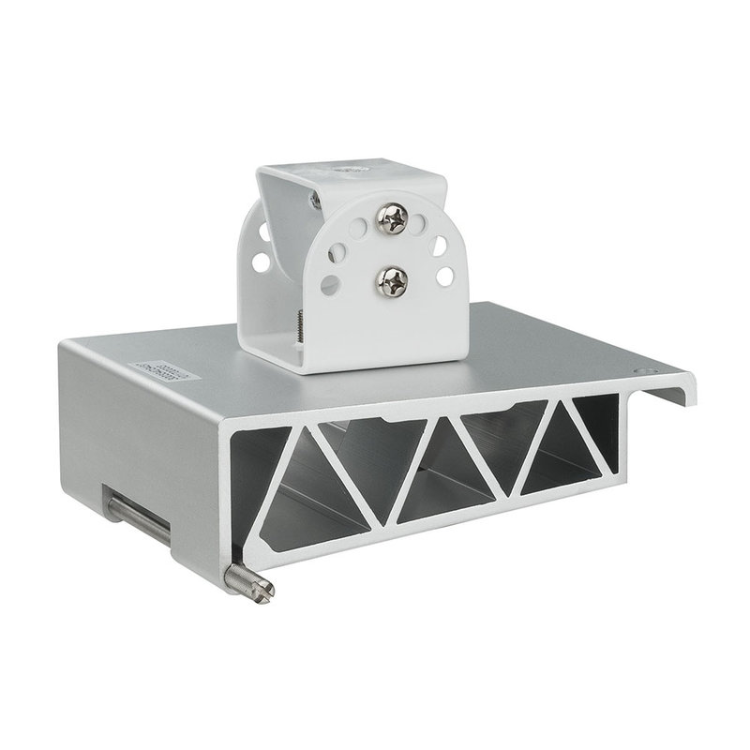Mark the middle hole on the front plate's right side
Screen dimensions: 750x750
click(438, 247)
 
